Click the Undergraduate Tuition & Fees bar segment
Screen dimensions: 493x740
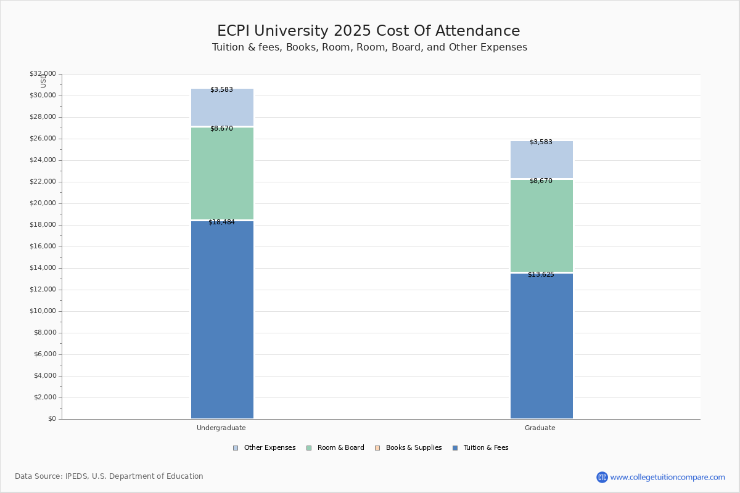[222, 320]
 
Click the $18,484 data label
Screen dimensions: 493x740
[221, 222]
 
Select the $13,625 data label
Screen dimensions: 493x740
[541, 274]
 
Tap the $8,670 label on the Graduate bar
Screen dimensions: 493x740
[541, 181]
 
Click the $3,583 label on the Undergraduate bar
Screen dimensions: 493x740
[221, 89]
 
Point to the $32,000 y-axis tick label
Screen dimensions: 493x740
[43, 74]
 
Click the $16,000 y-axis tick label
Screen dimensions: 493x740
[43, 246]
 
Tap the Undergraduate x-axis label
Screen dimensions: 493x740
[221, 428]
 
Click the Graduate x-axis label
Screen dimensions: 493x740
[540, 428]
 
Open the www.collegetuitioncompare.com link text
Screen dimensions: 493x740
[667, 477]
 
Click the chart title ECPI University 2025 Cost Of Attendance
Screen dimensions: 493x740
[369, 31]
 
